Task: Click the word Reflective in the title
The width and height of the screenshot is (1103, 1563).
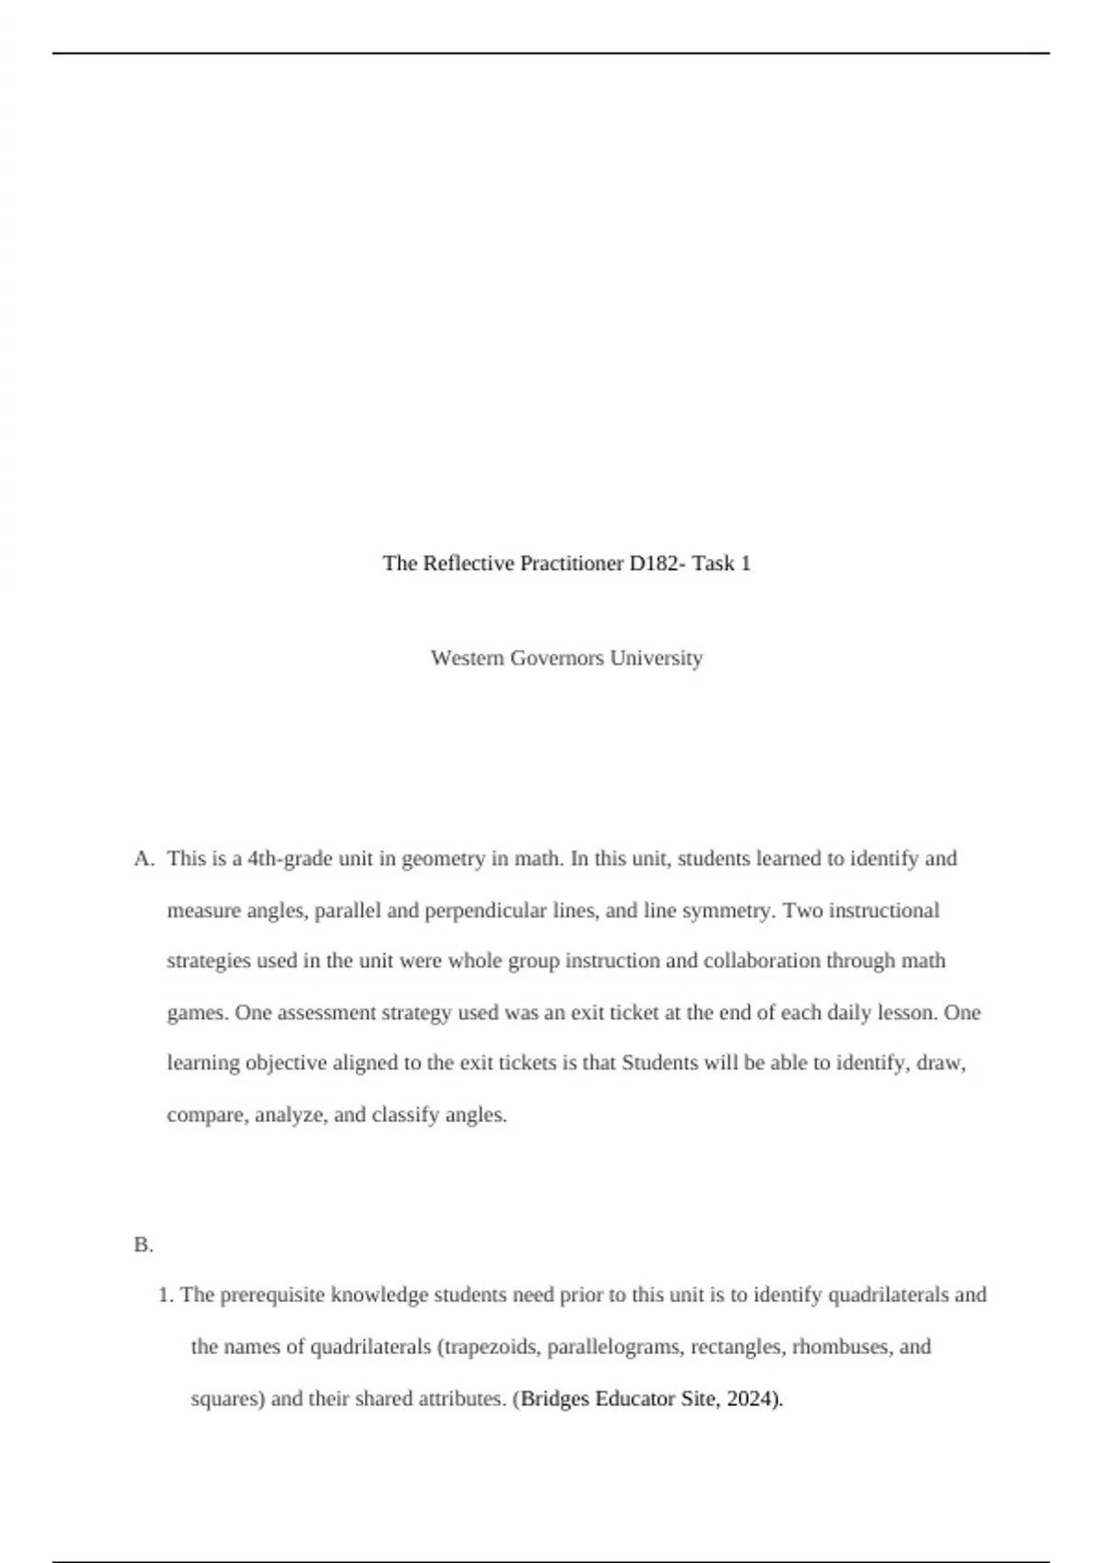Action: pyautogui.click(x=469, y=564)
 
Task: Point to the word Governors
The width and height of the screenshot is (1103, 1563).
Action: pyautogui.click(x=557, y=658)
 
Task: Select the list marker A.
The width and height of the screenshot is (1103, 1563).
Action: pyautogui.click(x=142, y=859)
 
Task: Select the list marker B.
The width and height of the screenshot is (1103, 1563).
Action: pyautogui.click(x=142, y=1245)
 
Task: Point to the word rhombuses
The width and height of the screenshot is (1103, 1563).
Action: pyautogui.click(x=840, y=1347)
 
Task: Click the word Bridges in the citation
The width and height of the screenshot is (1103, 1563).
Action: pyautogui.click(x=555, y=1399)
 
